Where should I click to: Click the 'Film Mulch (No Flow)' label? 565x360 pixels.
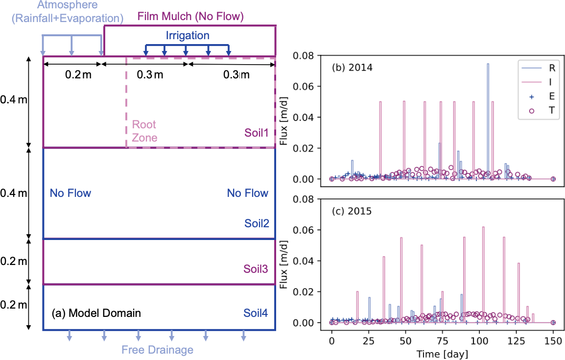tap(190, 17)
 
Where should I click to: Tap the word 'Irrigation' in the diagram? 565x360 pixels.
tap(187, 36)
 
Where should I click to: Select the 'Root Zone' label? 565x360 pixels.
tap(145, 131)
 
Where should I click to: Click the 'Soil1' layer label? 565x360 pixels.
tap(257, 132)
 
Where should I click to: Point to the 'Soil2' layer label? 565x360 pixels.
tap(257, 224)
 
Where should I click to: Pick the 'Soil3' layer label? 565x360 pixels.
tap(256, 268)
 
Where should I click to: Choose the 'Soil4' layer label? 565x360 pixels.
tap(256, 313)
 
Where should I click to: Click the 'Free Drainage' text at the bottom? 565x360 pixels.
tap(157, 350)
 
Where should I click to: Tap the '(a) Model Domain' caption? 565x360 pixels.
tap(96, 313)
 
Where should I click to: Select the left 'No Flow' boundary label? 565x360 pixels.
tap(71, 193)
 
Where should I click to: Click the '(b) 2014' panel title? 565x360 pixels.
tap(353, 68)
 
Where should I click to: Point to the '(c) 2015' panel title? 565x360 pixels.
tap(352, 212)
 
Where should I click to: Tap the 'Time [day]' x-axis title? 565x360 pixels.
tap(442, 353)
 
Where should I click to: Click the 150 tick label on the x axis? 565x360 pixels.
tap(553, 338)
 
